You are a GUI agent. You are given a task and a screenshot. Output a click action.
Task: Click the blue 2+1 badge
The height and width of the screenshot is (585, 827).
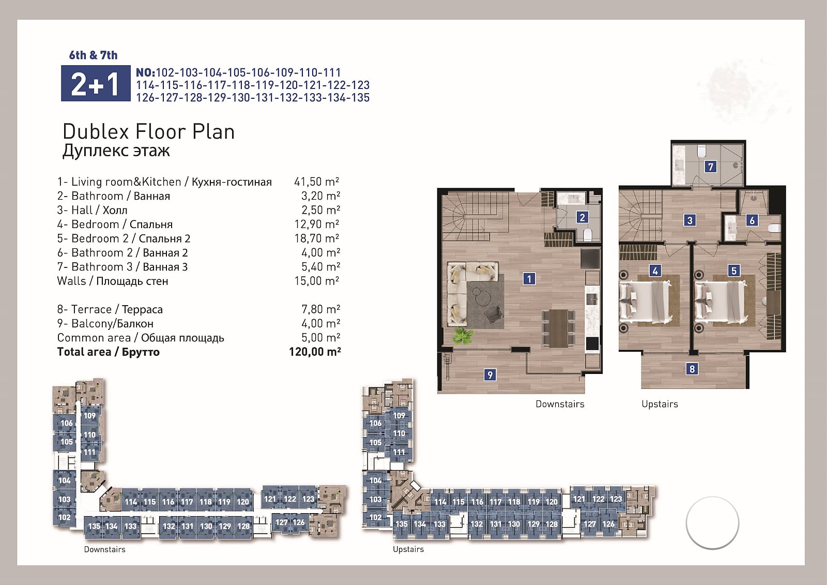coord(96,83)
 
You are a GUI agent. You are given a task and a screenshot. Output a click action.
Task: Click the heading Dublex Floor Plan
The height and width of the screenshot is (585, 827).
coord(148,131)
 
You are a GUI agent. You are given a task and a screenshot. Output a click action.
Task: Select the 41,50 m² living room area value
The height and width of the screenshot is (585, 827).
coord(316,182)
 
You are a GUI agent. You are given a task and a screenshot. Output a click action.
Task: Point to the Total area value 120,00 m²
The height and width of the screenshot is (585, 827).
coord(315,352)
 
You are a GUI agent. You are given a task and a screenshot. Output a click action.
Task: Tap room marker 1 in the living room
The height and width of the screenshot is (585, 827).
coord(529,279)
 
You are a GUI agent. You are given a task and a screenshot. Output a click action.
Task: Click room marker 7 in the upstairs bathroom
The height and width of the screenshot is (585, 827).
coord(710,167)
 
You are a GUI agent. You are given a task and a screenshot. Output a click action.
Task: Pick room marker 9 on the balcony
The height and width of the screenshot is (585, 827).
coord(489,375)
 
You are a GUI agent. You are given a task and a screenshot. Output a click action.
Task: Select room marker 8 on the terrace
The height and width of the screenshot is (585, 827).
coord(692,368)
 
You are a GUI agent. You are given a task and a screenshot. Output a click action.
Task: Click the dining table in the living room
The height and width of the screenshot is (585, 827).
coord(558,328)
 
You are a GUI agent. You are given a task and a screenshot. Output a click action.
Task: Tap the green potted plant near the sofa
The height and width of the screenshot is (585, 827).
coord(463,336)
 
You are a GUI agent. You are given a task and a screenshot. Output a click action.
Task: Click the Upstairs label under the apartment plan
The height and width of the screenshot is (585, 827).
coord(660,404)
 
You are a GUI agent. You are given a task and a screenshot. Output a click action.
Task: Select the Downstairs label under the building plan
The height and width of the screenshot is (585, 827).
coord(104,549)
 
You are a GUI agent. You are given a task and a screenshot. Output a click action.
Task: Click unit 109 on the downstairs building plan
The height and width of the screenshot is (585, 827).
coord(90,416)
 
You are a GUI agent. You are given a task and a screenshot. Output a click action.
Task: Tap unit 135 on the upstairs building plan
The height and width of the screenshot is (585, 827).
coord(401,524)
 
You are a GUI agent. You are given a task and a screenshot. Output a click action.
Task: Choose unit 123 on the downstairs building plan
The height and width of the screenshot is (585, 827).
coord(308,499)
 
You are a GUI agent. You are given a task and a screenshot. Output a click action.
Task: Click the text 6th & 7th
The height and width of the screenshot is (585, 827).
coord(93,55)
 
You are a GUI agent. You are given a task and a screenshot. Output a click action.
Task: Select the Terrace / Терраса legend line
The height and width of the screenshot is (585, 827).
coord(110,309)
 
